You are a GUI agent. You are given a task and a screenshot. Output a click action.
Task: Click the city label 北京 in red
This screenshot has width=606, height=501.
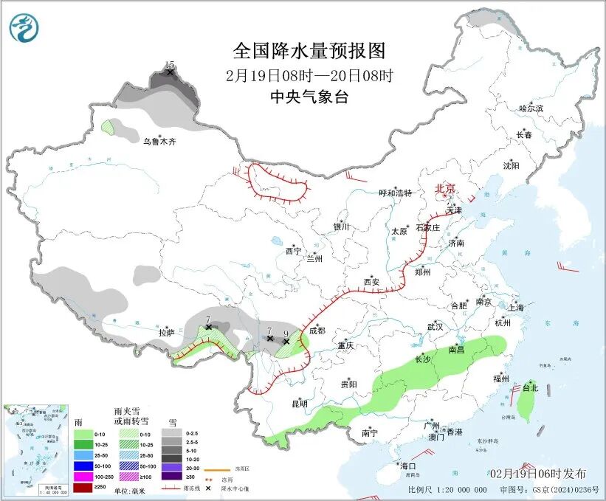pyautogui.click(x=445, y=188)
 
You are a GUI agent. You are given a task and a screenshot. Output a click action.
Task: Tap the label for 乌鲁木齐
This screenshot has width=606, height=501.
pyautogui.click(x=160, y=141)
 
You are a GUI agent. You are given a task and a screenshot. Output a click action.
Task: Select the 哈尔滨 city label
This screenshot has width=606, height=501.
pyautogui.click(x=530, y=108)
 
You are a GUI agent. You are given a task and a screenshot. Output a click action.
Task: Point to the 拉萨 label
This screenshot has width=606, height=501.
pyautogui.click(x=165, y=333)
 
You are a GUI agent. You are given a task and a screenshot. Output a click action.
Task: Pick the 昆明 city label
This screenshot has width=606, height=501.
pyautogui.click(x=300, y=403)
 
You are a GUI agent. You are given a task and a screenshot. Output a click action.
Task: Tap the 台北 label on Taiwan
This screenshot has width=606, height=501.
pyautogui.click(x=530, y=387)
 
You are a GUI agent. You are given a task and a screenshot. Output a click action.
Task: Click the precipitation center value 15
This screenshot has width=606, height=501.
pyautogui.click(x=170, y=65)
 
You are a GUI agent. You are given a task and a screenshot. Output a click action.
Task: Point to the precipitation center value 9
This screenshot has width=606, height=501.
pyautogui.click(x=286, y=334)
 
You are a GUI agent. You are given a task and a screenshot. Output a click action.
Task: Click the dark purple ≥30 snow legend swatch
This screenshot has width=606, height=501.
pyautogui.click(x=173, y=477)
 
